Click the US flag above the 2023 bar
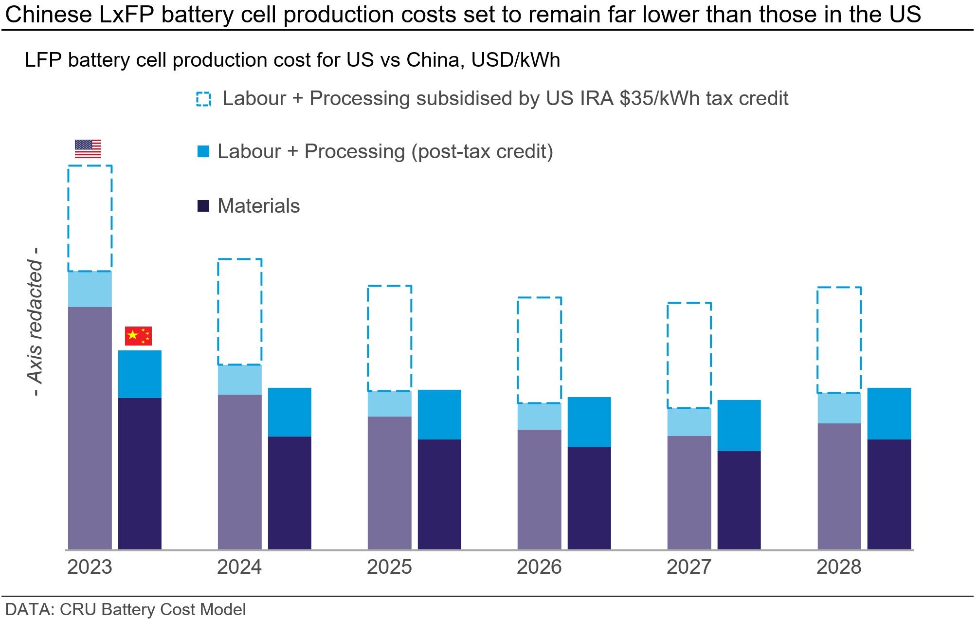click(x=88, y=149)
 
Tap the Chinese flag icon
click(x=138, y=336)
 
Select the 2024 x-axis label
click(x=239, y=567)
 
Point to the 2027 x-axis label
click(x=689, y=567)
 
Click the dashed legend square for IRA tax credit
click(x=203, y=99)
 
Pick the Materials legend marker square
click(x=203, y=206)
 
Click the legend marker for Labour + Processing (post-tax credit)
click(x=203, y=151)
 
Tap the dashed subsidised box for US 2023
click(x=68, y=218)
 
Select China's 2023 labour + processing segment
click(x=140, y=374)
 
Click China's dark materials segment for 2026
click(x=589, y=498)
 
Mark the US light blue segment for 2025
click(x=389, y=404)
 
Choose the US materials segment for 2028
click(x=839, y=487)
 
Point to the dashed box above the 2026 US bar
click(x=518, y=350)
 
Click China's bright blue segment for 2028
click(x=889, y=414)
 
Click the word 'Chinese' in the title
click(x=49, y=15)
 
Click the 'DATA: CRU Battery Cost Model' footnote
click(x=126, y=609)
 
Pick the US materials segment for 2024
click(x=239, y=472)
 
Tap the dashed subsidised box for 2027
click(x=668, y=355)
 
